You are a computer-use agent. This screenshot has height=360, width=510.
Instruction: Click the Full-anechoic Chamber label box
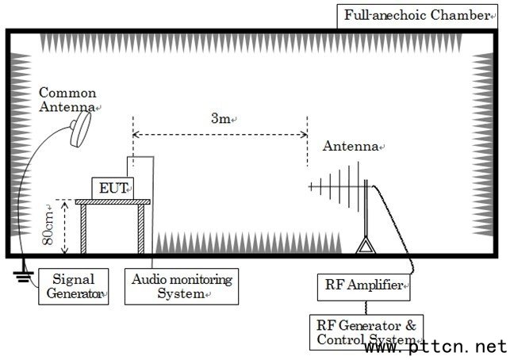click(x=420, y=16)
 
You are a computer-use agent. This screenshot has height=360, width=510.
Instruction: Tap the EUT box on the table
click(x=112, y=188)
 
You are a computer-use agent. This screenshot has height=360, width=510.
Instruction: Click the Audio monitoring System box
click(x=182, y=285)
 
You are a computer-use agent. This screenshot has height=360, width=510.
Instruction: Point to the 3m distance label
click(x=220, y=119)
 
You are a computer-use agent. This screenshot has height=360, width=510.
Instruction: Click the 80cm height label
click(x=50, y=228)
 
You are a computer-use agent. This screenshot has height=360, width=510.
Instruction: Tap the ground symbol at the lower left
click(x=17, y=277)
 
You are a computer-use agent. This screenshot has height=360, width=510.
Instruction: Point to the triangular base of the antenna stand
click(x=365, y=247)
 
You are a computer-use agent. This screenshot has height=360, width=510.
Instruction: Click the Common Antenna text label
click(x=68, y=99)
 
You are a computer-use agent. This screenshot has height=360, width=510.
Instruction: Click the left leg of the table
click(x=84, y=231)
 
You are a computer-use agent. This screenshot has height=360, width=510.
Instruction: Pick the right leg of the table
click(x=142, y=231)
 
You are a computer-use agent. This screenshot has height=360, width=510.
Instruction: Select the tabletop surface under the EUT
click(x=113, y=202)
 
